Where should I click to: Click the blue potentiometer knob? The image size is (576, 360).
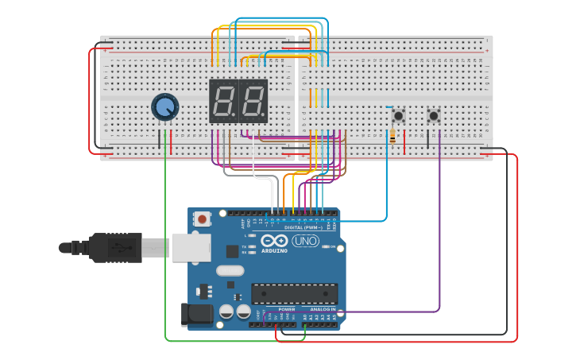(164, 107)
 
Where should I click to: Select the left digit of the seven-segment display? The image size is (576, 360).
(223, 101)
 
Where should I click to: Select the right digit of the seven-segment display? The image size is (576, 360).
(253, 101)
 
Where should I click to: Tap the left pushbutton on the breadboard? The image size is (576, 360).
(398, 116)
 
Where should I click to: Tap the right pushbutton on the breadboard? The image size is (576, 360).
(434, 116)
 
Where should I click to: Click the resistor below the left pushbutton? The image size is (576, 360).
(392, 138)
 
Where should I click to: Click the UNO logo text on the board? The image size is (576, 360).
(306, 241)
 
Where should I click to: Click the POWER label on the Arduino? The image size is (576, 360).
(286, 309)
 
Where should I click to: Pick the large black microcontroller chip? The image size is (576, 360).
(294, 293)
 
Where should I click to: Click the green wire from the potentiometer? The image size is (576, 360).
(165, 238)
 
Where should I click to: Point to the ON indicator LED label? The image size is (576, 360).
(333, 247)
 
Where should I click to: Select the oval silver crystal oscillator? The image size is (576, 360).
(230, 270)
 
